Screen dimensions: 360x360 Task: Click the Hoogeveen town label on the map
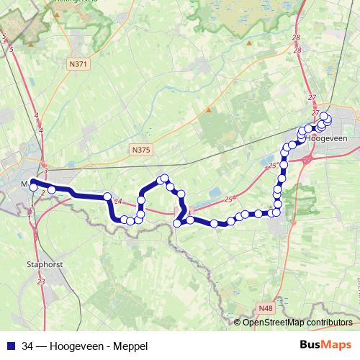point(331,140)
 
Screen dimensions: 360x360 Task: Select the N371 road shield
point(79,64)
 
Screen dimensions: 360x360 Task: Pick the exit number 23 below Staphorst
point(40,282)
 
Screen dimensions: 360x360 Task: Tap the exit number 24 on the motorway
point(118,202)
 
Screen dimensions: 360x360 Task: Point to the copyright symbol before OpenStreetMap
point(238,323)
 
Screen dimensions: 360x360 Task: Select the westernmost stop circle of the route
point(33,188)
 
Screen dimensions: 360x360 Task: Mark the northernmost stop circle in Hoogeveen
point(324,116)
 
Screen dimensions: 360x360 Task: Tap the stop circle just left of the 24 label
point(107,196)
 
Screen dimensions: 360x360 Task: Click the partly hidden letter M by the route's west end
point(25,185)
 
